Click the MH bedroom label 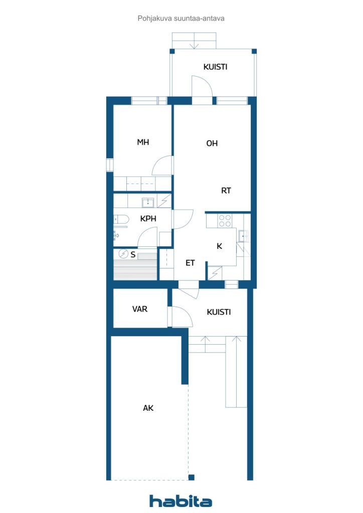pyautogui.click(x=143, y=142)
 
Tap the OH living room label pyautogui.click(x=212, y=143)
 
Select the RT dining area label pyautogui.click(x=226, y=190)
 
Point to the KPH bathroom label pyautogui.click(x=148, y=218)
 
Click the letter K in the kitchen pyautogui.click(x=219, y=246)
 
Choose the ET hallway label pyautogui.click(x=190, y=263)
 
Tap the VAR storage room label pyautogui.click(x=140, y=309)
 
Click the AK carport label pyautogui.click(x=148, y=408)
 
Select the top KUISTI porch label pyautogui.click(x=215, y=67)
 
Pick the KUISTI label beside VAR pyautogui.click(x=219, y=312)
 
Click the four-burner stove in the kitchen pyautogui.click(x=225, y=221)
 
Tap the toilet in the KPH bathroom pyautogui.click(x=120, y=220)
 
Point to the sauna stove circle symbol pyautogui.click(x=123, y=253)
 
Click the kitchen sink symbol pyautogui.click(x=243, y=235)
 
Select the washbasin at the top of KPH pyautogui.click(x=148, y=203)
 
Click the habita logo pyautogui.click(x=180, y=501)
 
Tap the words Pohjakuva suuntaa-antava pyautogui.click(x=181, y=19)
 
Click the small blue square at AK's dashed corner pyautogui.click(x=192, y=477)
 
